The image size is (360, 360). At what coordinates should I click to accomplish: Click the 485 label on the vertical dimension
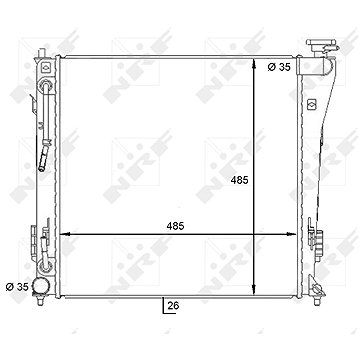(x=240, y=180)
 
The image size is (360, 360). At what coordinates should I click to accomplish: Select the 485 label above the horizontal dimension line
(x=175, y=226)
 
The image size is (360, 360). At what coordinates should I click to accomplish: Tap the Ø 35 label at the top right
(x=279, y=67)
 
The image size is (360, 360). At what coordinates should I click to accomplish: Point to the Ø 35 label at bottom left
(x=18, y=287)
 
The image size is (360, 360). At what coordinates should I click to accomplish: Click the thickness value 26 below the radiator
(x=174, y=305)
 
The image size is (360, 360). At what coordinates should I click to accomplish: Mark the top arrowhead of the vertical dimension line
(x=254, y=63)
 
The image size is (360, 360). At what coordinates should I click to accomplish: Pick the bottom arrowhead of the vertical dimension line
(x=254, y=290)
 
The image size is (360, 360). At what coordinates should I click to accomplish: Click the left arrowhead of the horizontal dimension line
(x=64, y=235)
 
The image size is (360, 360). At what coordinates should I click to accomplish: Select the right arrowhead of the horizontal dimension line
(x=291, y=235)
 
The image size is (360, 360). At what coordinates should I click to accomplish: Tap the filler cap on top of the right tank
(x=323, y=45)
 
